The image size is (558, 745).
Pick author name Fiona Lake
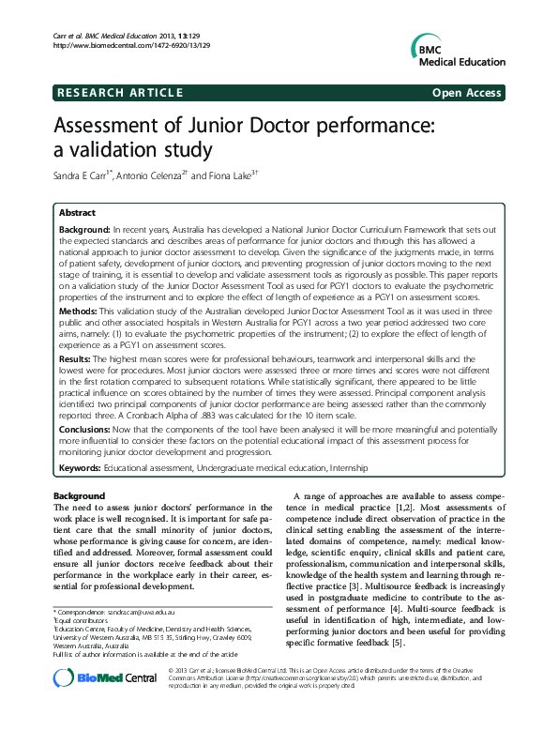click(229, 175)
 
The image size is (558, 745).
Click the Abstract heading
click(77, 214)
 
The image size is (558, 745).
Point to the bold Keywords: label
click(80, 466)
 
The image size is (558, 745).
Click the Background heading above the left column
click(80, 495)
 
